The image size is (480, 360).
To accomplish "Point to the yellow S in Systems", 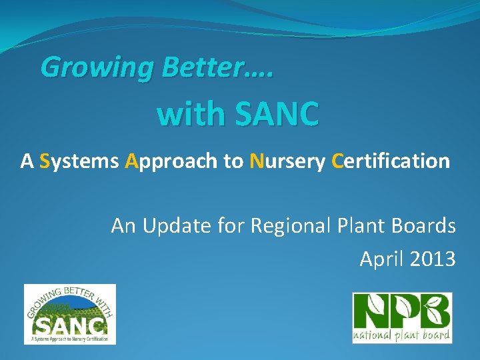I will (45, 161).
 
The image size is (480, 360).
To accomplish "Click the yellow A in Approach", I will (131, 161).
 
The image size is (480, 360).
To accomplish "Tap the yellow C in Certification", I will (337, 161).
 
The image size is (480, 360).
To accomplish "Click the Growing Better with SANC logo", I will (70, 314).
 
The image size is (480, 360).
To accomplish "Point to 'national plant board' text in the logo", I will (402, 335).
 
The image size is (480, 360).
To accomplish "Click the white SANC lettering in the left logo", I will (70, 325).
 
